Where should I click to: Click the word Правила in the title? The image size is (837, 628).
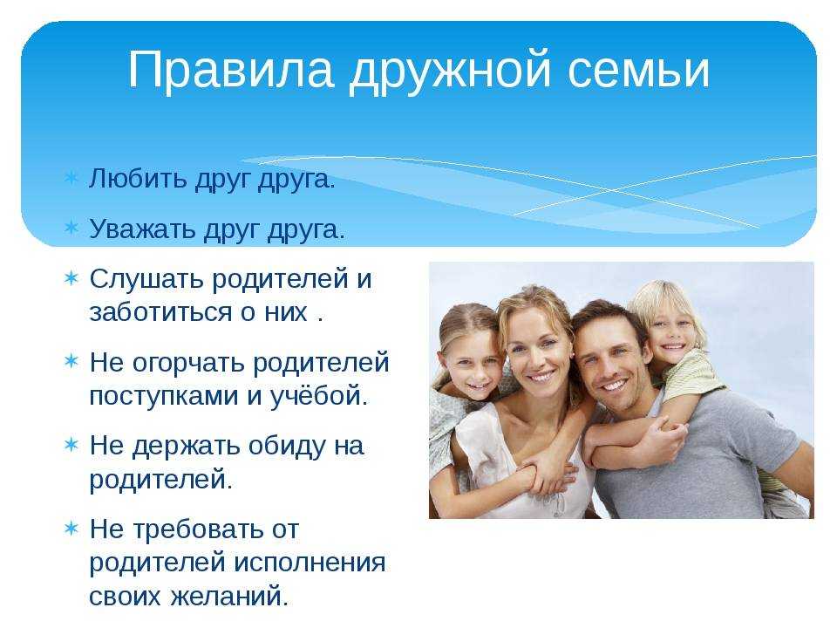coord(231,70)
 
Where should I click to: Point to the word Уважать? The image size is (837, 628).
coord(142,229)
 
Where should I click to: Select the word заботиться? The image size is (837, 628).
coord(160,312)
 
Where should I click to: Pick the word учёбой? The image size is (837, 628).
coord(319,396)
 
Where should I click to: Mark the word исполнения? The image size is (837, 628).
coord(310,563)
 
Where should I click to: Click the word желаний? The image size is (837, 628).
coord(230,596)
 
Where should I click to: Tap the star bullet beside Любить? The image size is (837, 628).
coord(71,178)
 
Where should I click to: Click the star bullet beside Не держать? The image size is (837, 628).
coord(71,444)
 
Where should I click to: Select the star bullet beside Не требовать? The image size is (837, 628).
coord(71,529)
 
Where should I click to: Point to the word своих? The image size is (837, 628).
coord(125,596)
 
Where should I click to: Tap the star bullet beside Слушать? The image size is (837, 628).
coord(71,278)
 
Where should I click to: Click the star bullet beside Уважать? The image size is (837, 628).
coord(71,228)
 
